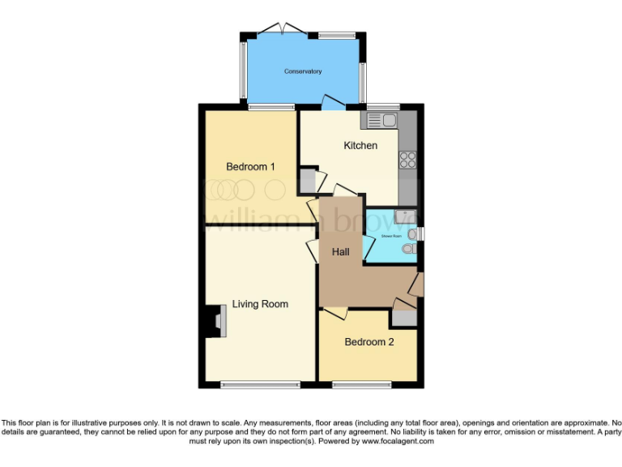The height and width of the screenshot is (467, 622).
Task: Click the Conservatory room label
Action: tap(303, 71)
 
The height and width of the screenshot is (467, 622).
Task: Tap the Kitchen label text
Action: tap(360, 146)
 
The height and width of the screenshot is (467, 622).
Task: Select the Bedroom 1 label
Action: tap(250, 167)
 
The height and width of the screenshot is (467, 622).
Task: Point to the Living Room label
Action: tap(260, 304)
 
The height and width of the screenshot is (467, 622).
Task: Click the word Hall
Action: tap(341, 252)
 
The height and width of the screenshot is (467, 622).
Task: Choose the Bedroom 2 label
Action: tap(369, 342)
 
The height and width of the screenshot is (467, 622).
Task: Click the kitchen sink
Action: tap(382, 121)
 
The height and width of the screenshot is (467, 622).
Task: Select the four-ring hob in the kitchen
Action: tap(407, 160)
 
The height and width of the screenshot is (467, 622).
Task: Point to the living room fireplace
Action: tap(215, 321)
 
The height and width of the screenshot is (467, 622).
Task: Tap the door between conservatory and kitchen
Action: tap(332, 102)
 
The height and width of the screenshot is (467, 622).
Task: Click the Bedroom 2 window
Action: tap(361, 383)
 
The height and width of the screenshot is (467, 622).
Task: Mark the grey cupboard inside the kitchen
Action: tap(308, 180)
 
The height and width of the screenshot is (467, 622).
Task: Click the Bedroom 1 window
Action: tap(271, 107)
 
